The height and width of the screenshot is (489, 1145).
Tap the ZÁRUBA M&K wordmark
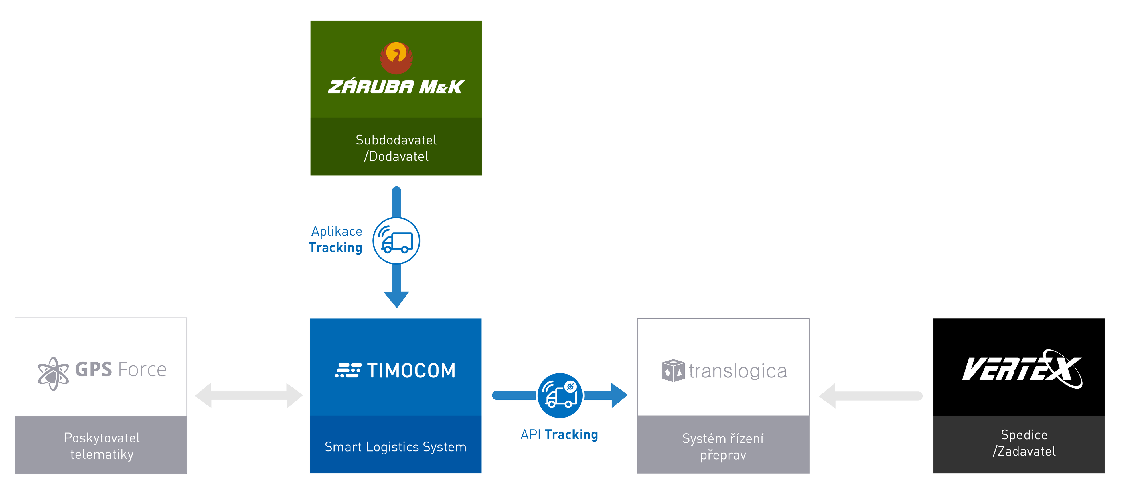pos(396,87)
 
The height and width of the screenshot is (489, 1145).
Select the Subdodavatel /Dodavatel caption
pos(396,148)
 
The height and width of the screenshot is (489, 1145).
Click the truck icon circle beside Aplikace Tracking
pos(396,241)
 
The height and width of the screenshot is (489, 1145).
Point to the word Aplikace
pos(336,231)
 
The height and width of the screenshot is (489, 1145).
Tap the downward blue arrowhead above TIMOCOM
pos(396,299)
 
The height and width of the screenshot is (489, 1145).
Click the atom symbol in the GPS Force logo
pos(53,373)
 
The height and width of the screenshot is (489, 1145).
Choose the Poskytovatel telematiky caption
pos(102,446)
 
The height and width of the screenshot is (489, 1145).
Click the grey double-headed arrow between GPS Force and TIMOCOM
pos(249,395)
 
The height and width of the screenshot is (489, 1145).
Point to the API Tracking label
pos(559,434)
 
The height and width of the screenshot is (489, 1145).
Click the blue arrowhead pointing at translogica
pos(619,395)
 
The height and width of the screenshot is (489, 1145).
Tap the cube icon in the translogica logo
pos(672,370)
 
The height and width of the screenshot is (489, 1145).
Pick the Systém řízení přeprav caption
pos(723,446)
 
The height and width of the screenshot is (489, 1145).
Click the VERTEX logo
pos(1021,369)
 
